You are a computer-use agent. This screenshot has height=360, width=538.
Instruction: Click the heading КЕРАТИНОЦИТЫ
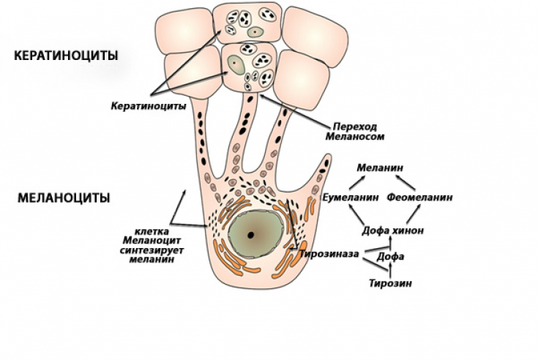click(x=66, y=56)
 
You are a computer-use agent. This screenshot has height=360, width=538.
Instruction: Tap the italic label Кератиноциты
click(x=149, y=106)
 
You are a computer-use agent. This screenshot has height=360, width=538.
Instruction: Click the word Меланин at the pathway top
click(x=380, y=168)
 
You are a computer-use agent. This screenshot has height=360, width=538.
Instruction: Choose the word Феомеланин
click(x=419, y=198)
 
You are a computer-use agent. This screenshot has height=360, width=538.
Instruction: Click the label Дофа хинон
click(x=392, y=230)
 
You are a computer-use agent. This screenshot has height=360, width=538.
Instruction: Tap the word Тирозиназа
click(x=329, y=254)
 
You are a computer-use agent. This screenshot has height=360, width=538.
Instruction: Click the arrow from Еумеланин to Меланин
click(x=361, y=182)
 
